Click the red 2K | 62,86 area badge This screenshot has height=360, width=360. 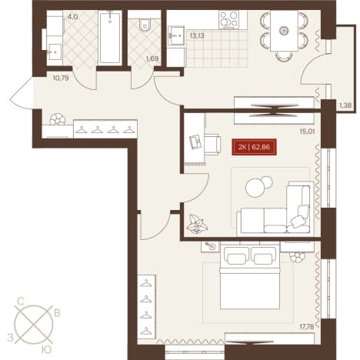tap(254, 147)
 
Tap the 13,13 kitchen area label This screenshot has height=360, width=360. tap(197, 35)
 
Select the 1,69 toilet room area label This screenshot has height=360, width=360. tap(152, 58)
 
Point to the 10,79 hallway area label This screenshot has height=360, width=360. tap(61, 78)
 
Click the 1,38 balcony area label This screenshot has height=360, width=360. tap(345, 105)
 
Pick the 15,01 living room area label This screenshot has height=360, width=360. tap(307, 132)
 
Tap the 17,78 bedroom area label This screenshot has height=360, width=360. tap(307, 327)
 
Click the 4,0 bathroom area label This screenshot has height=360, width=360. tap(72, 17)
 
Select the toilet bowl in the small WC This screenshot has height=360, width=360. tap(145, 25)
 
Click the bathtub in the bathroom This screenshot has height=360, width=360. tap(110, 38)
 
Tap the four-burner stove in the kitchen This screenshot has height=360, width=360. tap(229, 20)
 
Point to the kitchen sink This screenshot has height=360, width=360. tap(176, 35)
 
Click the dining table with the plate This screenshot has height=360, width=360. tap(284, 31)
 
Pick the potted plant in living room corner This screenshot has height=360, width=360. tap(197, 224)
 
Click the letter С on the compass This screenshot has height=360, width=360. tap(21, 302)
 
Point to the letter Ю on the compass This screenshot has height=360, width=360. tap(46, 349)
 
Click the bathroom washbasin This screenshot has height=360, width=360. tap(55, 52)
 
